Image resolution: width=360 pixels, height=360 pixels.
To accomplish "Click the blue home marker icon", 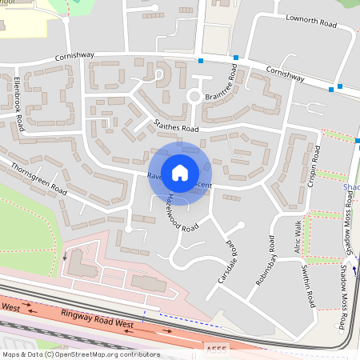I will (180, 172).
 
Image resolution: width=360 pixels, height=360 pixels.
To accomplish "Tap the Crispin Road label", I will (314, 166).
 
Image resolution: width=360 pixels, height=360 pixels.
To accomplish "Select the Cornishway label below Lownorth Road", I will (285, 74).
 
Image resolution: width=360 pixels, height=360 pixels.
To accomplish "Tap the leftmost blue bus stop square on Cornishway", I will (201, 61).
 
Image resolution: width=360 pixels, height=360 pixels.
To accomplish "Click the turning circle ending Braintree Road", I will (193, 97).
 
